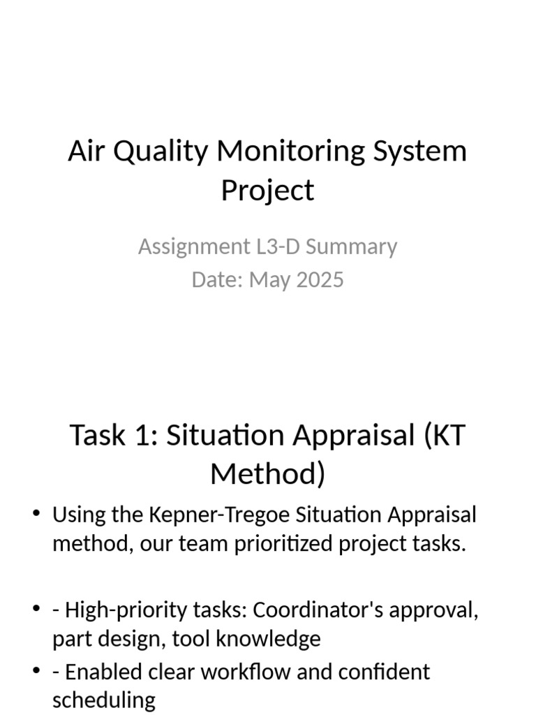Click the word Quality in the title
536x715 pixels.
pos(160,152)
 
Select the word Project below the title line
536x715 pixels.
pos(267,191)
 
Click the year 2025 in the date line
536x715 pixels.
pos(320,280)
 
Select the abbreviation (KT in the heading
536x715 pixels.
pos(442,435)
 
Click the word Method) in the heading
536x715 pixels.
pos(267,474)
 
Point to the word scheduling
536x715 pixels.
pos(103,700)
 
